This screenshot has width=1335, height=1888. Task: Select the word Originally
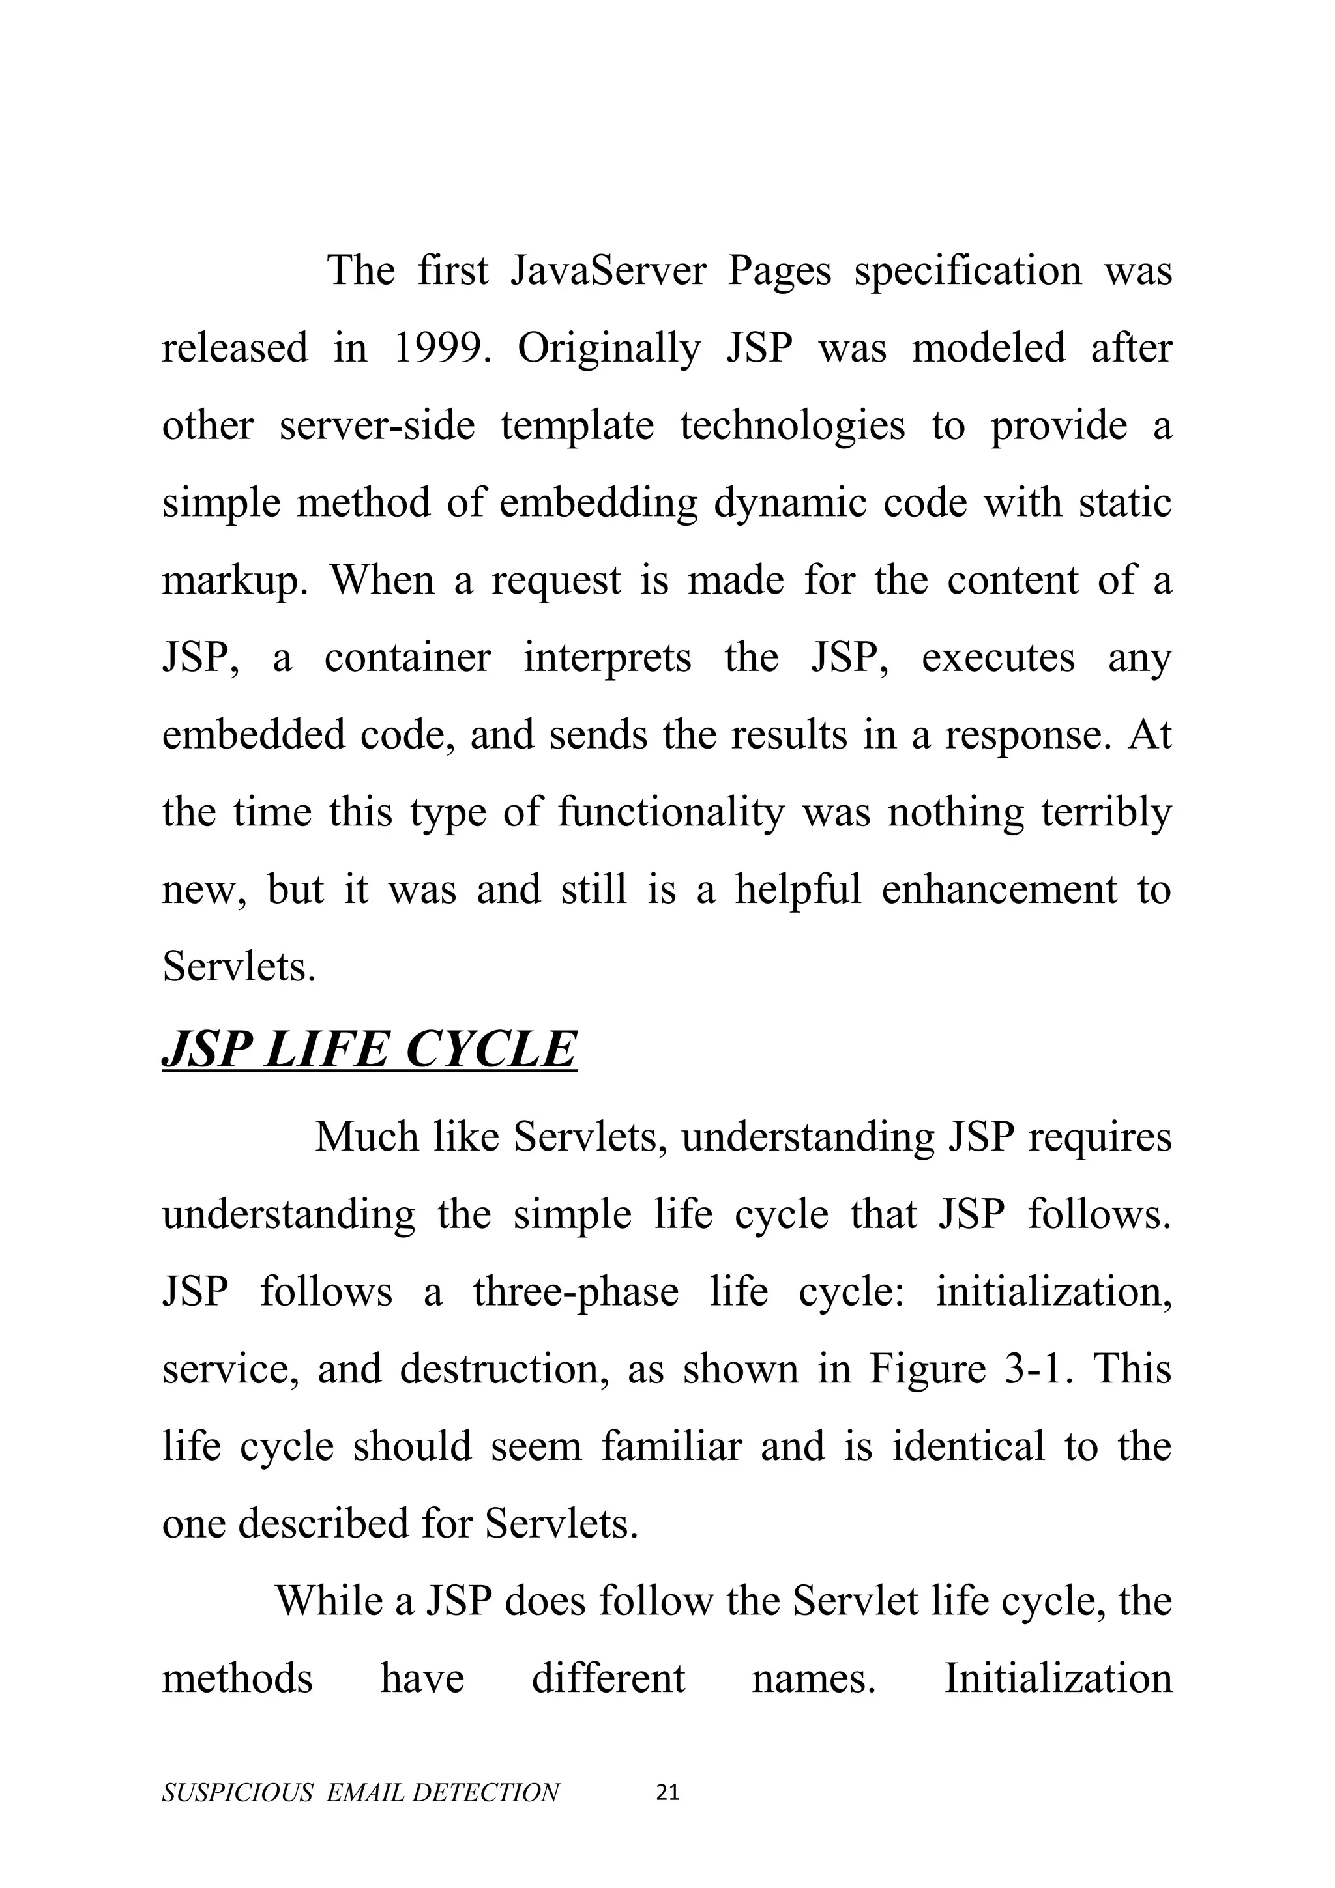pos(609,348)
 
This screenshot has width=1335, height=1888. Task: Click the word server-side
pos(377,426)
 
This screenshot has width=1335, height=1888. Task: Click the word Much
pos(367,1138)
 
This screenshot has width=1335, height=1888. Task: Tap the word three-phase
pos(576,1293)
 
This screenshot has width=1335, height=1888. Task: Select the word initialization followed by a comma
pos(1053,1293)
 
